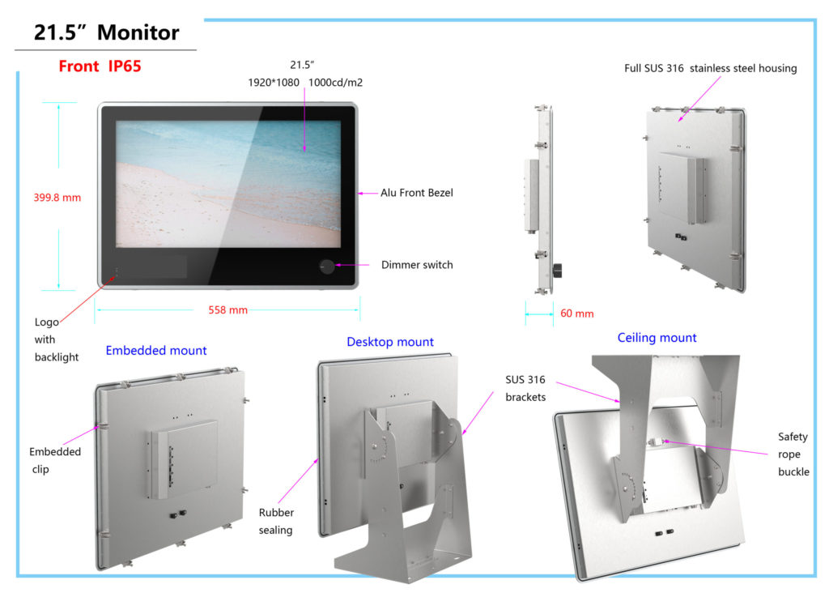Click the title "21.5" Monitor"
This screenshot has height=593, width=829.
point(106,32)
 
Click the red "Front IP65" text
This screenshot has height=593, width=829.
point(100,66)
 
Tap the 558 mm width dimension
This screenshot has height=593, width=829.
point(227,310)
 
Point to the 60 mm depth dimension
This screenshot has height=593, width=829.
point(576,314)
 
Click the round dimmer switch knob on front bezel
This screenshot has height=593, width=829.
point(327,266)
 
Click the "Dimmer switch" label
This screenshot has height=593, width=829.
point(417,265)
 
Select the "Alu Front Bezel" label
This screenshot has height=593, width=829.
point(417,193)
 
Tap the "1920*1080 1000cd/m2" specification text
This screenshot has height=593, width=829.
point(310,83)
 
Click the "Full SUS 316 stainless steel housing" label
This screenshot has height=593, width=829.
point(710,68)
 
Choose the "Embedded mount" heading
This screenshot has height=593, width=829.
point(156,351)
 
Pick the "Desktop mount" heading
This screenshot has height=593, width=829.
point(390,342)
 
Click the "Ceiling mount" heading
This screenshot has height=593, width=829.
point(657,338)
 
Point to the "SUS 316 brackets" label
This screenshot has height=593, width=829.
point(525,388)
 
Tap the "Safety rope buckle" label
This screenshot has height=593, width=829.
point(793,454)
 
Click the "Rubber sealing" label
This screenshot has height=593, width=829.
point(276,521)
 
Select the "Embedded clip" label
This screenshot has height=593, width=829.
point(55,460)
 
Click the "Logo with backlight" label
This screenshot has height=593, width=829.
point(57,339)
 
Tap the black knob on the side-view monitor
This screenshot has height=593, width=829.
point(557,269)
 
